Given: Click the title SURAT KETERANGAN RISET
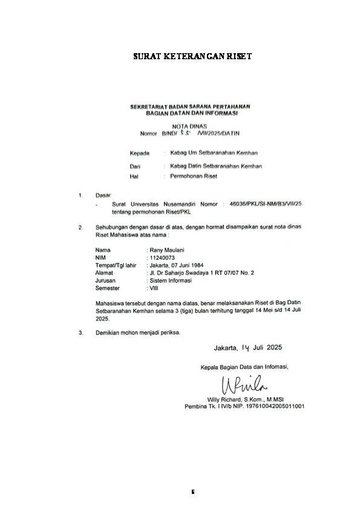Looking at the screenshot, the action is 192,57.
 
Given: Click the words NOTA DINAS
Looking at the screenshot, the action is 190,126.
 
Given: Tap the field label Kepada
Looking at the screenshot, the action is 140,154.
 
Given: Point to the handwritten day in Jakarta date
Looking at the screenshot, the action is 245,348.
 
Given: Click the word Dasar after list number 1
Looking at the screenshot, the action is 103,196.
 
